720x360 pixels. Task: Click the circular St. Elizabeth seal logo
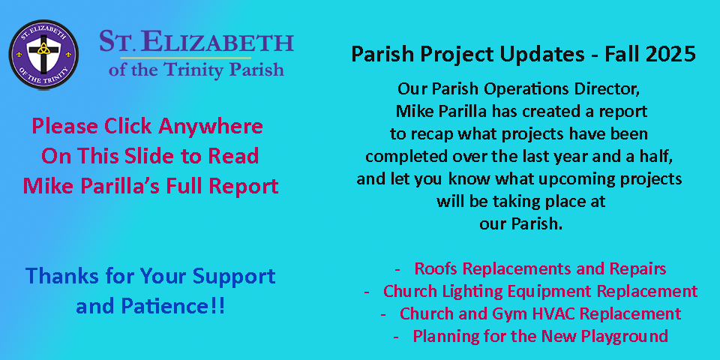(x=43, y=55)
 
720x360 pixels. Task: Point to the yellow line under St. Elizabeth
(x=175, y=58)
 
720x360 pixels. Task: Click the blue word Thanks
(x=55, y=276)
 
